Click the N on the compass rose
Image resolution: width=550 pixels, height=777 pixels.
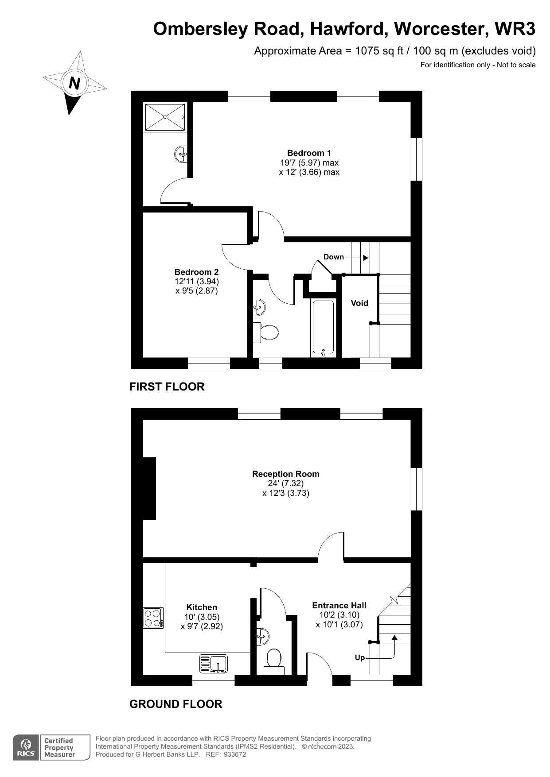[x=74, y=83]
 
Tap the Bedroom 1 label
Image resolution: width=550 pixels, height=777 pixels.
[x=309, y=153]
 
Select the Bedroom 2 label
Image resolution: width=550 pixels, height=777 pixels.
[x=196, y=272]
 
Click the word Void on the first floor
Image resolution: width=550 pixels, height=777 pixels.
[x=359, y=303]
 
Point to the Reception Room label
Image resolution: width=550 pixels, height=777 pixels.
[x=285, y=474]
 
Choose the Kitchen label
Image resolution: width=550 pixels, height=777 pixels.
[x=202, y=607]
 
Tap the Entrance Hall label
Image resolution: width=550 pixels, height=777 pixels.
[x=339, y=606]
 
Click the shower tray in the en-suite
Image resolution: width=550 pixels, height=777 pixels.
[x=165, y=117]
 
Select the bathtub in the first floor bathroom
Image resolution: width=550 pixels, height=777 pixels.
[x=323, y=328]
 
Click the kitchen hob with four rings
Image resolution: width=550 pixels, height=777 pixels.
[x=153, y=618]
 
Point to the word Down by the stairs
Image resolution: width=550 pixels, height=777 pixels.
[x=333, y=257]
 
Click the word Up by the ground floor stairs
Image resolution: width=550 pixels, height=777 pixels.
[x=360, y=658]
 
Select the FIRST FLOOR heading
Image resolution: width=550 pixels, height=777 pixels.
[x=167, y=387]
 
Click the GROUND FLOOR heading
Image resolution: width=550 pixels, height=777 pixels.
[x=176, y=704]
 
